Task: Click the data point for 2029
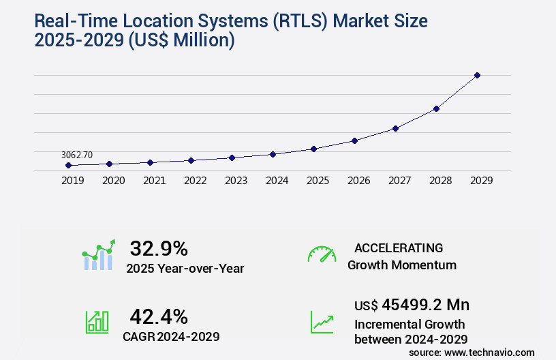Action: tap(477, 75)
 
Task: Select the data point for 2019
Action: tap(68, 165)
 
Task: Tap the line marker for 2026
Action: tap(354, 140)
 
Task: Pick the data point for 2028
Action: tap(436, 108)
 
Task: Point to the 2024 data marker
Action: tap(273, 154)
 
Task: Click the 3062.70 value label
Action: tap(76, 155)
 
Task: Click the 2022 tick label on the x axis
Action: tap(195, 181)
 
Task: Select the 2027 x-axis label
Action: tap(399, 181)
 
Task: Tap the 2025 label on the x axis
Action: tap(318, 181)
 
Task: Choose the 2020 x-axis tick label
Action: tap(113, 181)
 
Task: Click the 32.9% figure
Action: tap(159, 248)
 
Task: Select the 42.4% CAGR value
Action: tap(159, 316)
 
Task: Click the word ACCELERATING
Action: tap(399, 248)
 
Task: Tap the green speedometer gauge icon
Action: tap(322, 254)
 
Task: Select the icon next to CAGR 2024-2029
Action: tap(97, 322)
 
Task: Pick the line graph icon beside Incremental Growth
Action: tap(322, 322)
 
